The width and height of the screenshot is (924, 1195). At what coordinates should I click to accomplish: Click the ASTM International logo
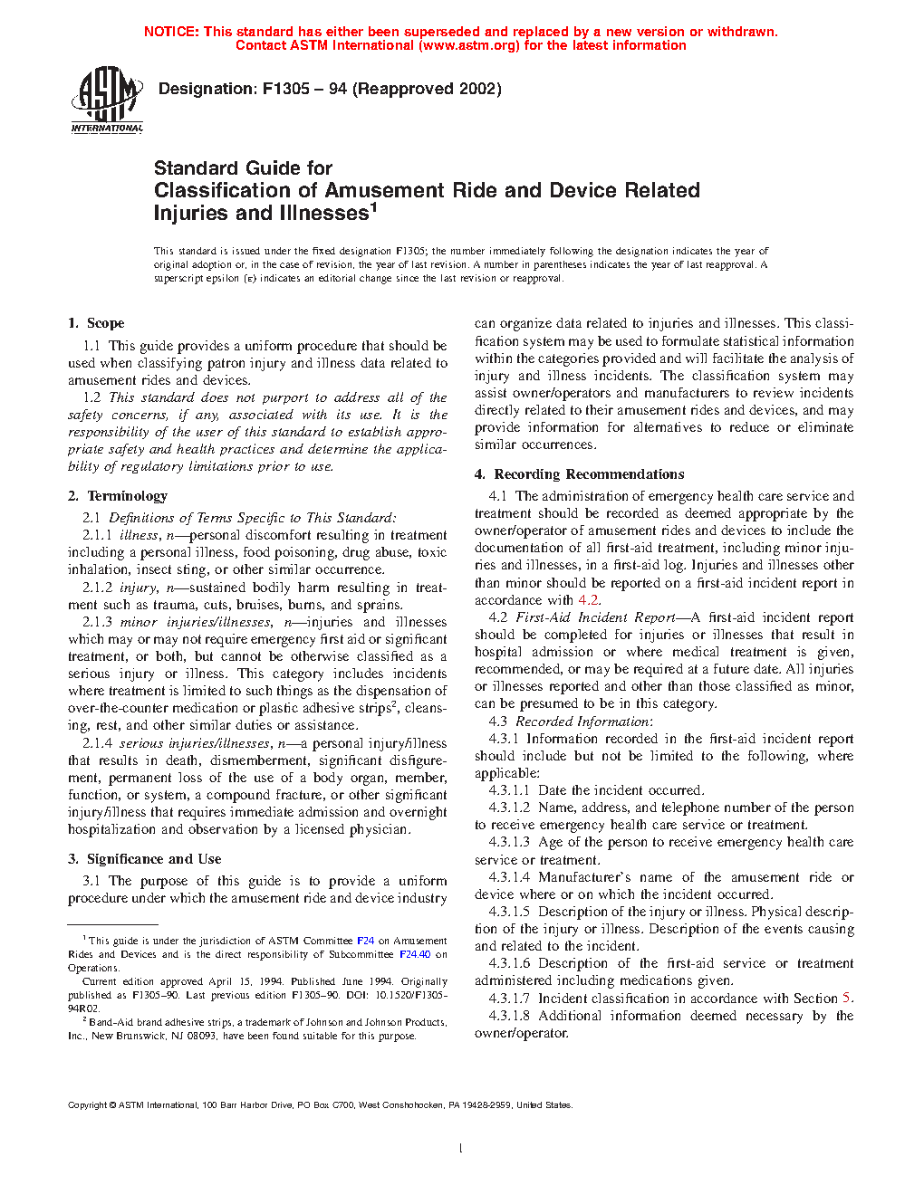107,100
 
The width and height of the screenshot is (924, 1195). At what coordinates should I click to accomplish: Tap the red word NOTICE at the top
171,32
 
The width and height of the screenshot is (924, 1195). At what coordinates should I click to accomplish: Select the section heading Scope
105,323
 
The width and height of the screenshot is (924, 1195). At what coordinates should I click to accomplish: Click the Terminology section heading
127,496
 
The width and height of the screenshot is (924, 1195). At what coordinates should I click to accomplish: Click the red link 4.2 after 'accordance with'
588,600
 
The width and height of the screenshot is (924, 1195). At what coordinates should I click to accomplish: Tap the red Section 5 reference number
846,999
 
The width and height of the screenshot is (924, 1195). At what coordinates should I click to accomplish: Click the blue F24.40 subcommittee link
415,954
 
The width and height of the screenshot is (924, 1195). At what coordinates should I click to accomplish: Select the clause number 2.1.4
97,743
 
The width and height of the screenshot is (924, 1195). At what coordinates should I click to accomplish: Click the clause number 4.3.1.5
509,912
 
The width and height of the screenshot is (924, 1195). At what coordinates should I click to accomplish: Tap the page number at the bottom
461,1149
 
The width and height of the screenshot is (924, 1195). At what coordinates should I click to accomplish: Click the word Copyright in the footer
87,1105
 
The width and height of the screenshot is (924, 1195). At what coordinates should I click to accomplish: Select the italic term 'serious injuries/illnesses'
195,743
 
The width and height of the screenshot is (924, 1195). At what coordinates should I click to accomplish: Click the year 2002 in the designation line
478,89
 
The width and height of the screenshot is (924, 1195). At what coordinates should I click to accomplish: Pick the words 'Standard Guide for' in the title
243,168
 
